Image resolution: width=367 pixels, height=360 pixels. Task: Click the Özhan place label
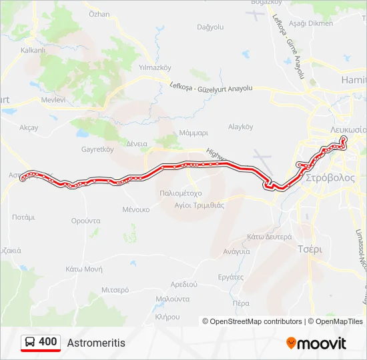point(99,14)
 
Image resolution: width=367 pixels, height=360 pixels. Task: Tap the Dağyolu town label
point(210,27)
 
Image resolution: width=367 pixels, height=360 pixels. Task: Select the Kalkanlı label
point(33,50)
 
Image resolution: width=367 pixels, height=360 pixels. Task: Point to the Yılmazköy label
point(155,67)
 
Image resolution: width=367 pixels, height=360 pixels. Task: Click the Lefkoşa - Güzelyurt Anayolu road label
point(212,87)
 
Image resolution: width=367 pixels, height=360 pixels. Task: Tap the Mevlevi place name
point(53,99)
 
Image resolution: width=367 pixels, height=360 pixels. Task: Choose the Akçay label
point(29,127)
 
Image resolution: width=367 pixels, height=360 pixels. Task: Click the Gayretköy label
point(97,149)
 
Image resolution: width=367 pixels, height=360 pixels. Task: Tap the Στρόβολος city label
point(330,179)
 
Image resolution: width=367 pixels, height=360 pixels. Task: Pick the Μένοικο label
point(135,209)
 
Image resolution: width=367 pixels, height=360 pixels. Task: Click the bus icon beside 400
point(31,342)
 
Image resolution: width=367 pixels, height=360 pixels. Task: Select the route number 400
point(48,342)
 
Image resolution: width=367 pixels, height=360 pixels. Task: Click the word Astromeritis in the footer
point(96,343)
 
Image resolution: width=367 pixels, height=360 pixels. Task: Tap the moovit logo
point(316,343)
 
